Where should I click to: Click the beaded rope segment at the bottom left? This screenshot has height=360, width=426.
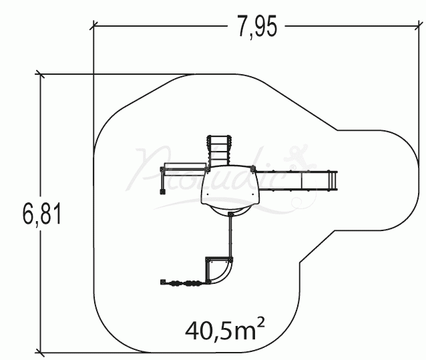[184, 283]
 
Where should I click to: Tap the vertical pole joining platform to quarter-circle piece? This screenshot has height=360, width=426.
[230, 236]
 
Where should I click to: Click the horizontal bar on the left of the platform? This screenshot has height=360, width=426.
[184, 168]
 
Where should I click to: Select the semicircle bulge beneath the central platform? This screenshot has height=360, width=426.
[230, 210]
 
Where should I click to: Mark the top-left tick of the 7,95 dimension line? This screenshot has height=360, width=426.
[94, 25]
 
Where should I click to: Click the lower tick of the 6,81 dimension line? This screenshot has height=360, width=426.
[42, 352]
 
